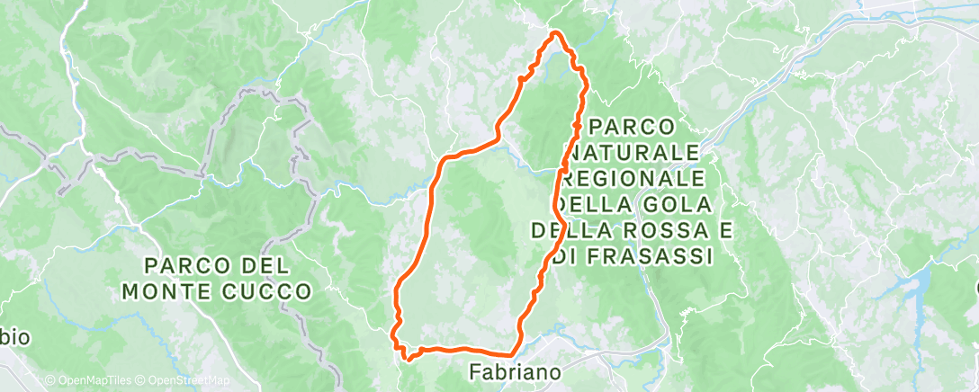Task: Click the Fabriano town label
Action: (x=516, y=371)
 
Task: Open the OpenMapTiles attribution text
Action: (x=89, y=381)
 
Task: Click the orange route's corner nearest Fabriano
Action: (x=515, y=353)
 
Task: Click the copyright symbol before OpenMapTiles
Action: (x=50, y=381)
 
